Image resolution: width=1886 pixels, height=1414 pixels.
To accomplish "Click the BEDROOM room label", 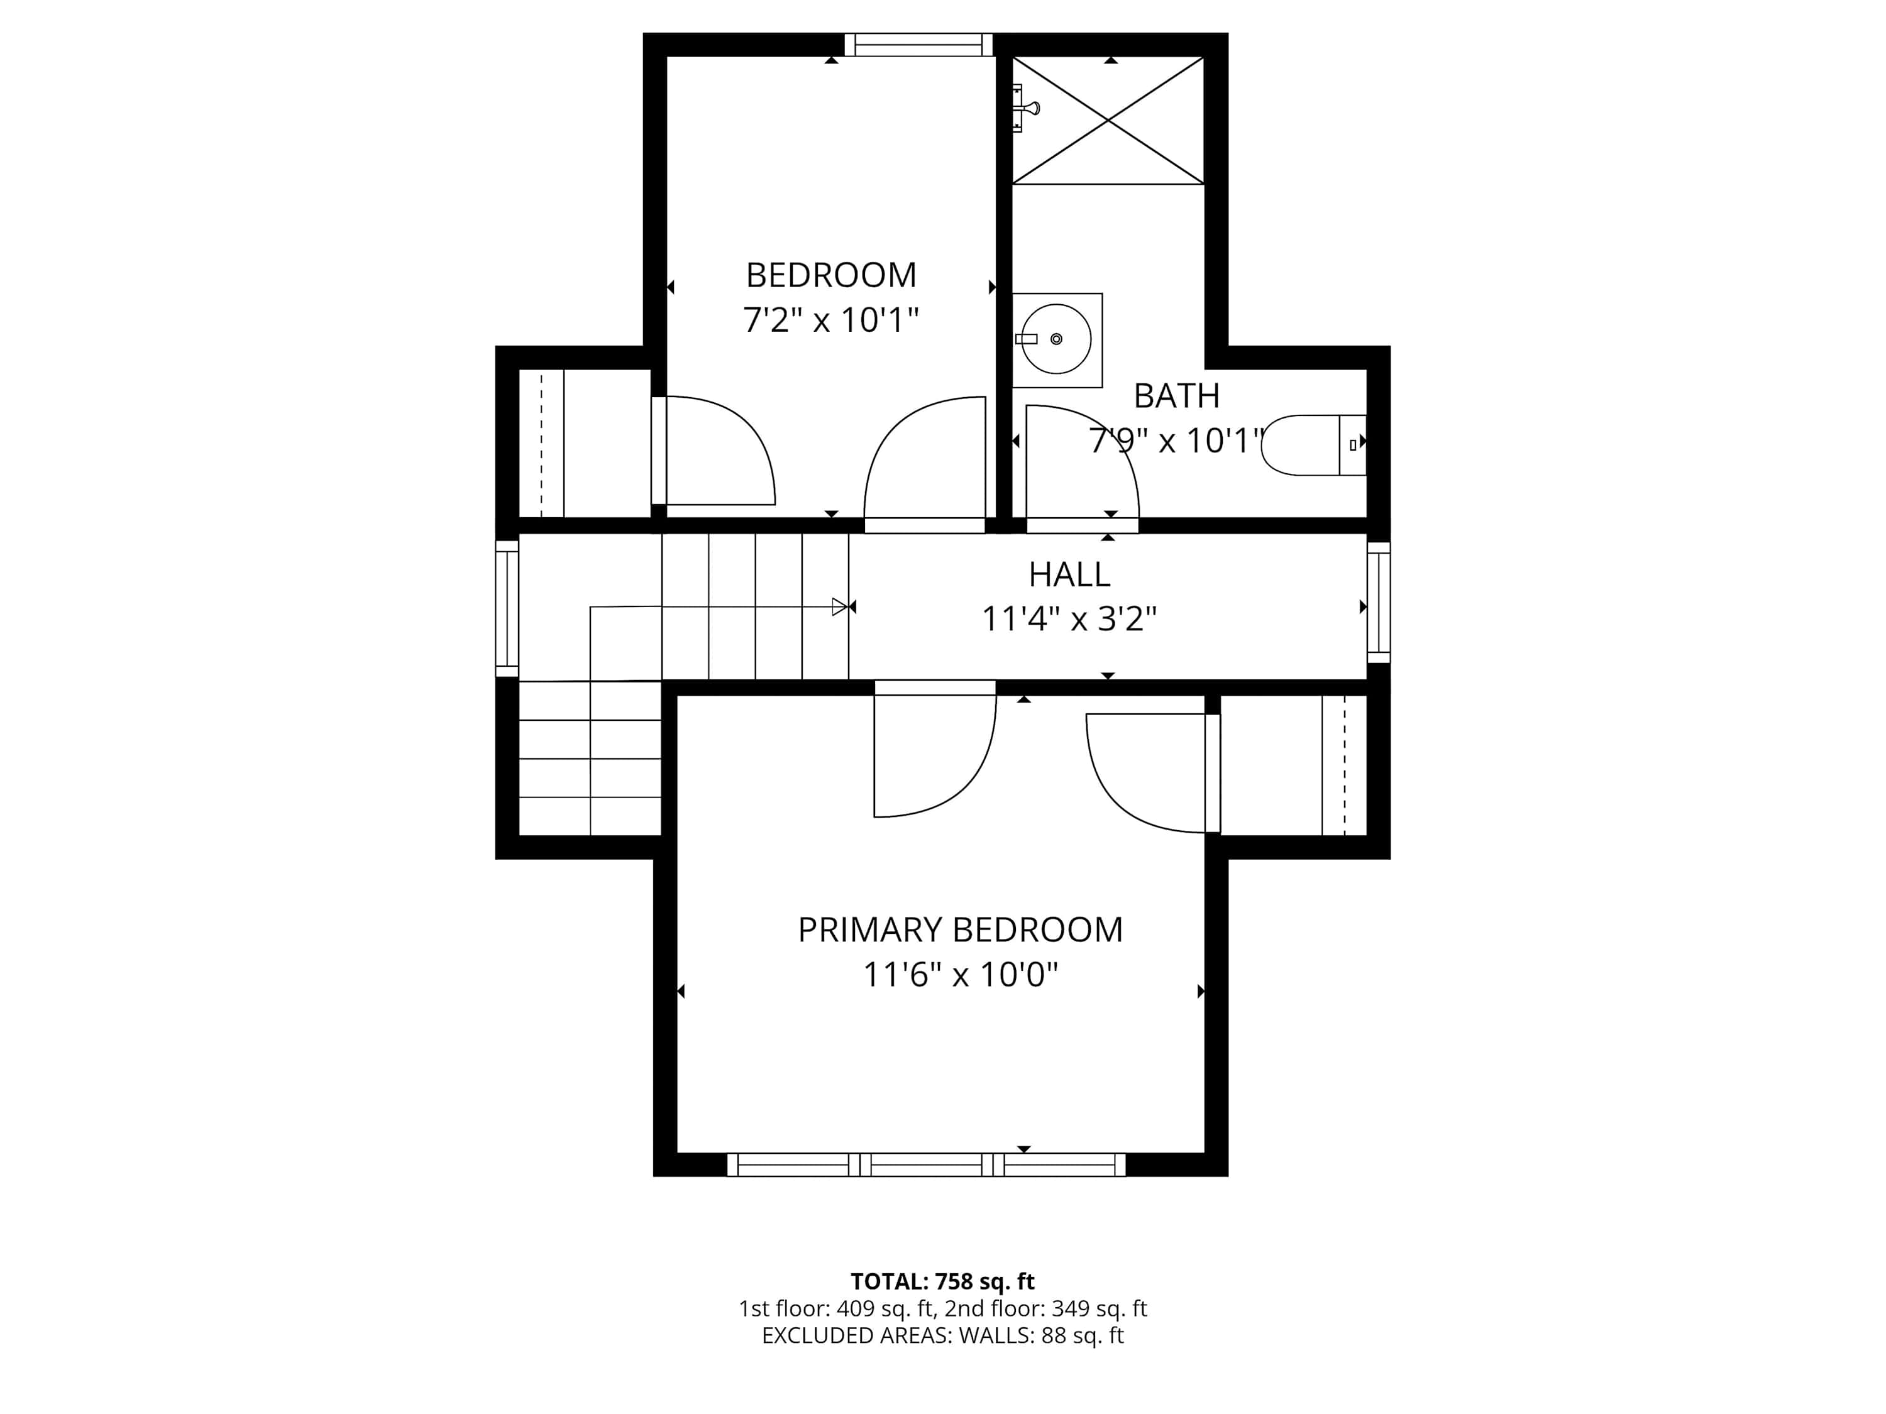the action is point(831,275).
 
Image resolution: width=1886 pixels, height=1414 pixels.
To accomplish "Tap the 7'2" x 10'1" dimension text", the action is point(831,321).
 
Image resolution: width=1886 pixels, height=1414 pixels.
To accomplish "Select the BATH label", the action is point(1177,397).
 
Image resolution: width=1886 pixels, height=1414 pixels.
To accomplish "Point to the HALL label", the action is point(1069,574).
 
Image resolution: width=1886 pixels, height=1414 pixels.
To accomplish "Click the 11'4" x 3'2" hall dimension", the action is point(1069,620).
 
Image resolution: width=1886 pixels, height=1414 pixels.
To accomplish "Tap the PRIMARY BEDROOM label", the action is point(960,930).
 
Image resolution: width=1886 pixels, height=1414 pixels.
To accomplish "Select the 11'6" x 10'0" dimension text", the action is point(960,974).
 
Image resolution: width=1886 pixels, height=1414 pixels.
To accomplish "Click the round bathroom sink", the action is point(1056,339).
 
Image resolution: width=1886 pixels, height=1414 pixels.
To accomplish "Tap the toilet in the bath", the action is point(1314,445).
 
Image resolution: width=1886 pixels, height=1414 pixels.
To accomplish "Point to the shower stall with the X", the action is point(1108,120).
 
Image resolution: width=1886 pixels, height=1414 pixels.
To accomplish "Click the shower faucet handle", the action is point(1026,108).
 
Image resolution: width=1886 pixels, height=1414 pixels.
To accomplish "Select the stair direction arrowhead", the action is point(840,607).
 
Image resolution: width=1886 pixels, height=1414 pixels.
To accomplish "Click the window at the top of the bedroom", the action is point(919,45).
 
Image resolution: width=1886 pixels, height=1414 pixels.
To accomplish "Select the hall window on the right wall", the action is point(1379,603).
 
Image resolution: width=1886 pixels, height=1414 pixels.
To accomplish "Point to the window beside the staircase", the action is point(507,608).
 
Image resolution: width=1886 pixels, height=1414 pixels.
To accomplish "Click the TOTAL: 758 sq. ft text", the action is point(942,1281).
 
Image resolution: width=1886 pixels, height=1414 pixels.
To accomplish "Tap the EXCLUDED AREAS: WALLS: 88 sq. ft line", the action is point(942,1335).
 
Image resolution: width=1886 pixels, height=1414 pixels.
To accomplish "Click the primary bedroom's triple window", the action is point(926,1165).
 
